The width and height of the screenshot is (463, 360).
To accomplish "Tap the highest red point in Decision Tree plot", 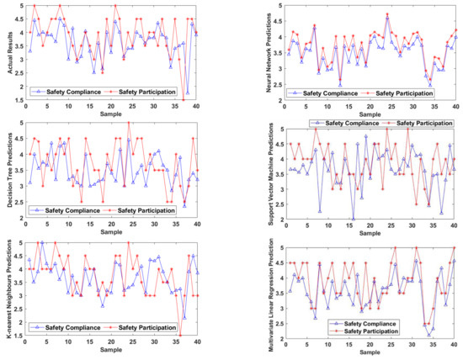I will [128, 123].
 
